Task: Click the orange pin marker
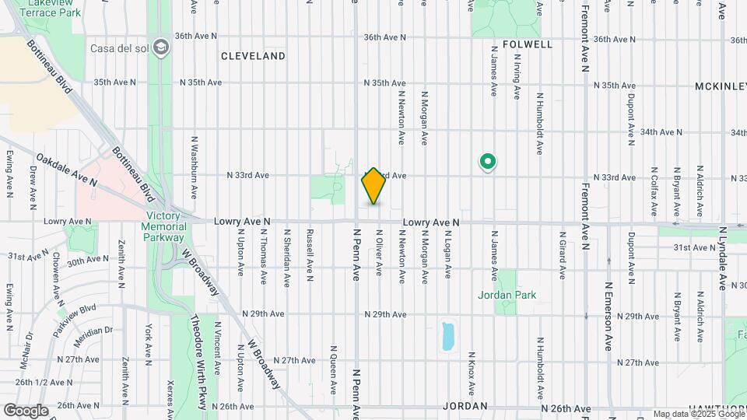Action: [373, 186]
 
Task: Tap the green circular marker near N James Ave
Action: [488, 162]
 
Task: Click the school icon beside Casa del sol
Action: [162, 47]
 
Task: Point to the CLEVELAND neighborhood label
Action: [253, 56]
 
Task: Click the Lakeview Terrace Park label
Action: [54, 8]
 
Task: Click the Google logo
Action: [26, 410]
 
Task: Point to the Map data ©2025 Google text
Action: [697, 415]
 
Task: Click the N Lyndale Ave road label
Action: [722, 259]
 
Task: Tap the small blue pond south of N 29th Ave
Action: [447, 336]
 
